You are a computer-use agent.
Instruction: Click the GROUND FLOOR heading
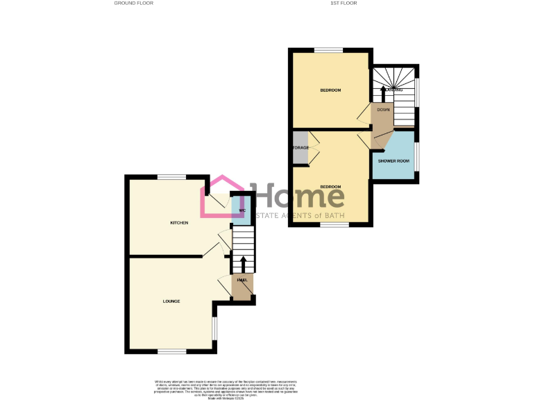134,3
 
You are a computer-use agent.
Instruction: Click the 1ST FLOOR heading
344,3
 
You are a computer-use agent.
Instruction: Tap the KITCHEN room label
180,223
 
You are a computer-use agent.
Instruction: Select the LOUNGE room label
171,301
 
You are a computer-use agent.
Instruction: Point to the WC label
242,210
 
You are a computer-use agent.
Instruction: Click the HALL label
242,280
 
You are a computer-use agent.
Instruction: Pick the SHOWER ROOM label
394,161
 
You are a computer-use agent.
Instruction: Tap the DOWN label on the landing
383,110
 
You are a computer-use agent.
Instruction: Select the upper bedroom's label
330,90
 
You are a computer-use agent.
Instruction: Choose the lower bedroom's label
330,187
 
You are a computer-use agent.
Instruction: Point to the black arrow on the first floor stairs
381,91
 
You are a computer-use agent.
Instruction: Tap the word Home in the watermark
298,197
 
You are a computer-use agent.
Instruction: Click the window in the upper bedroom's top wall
328,50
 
